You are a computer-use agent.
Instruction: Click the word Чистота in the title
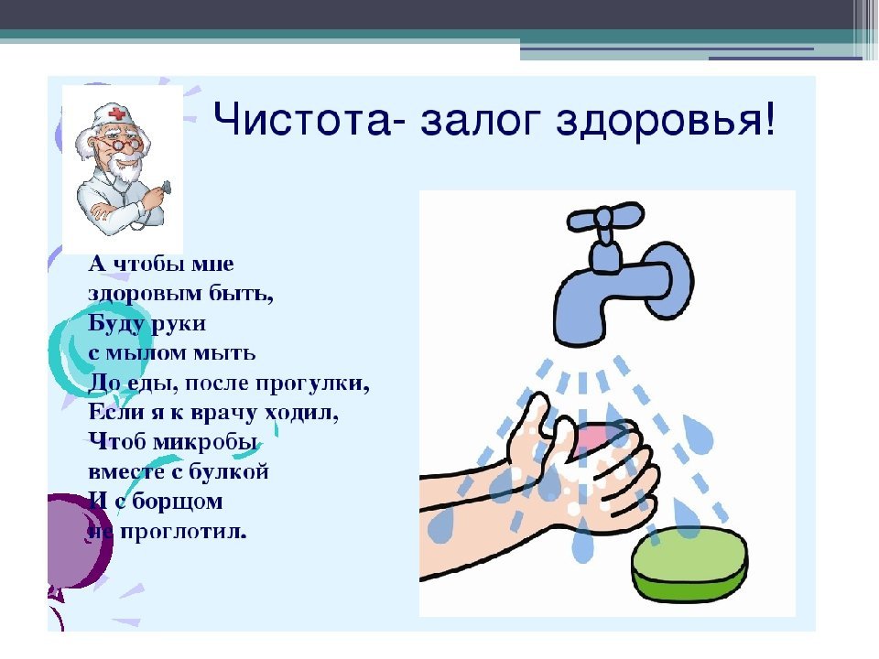pos(301,119)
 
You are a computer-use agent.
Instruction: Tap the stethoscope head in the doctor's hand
pos(166,187)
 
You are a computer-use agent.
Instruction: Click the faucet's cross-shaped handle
pos(605,219)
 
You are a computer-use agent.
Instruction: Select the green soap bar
pos(689,562)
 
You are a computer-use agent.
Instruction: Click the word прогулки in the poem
pos(312,384)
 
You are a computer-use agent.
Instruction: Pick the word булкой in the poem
pos(229,472)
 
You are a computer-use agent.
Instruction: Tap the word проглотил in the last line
pos(183,532)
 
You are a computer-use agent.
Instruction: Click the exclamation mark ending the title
pos(768,118)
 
